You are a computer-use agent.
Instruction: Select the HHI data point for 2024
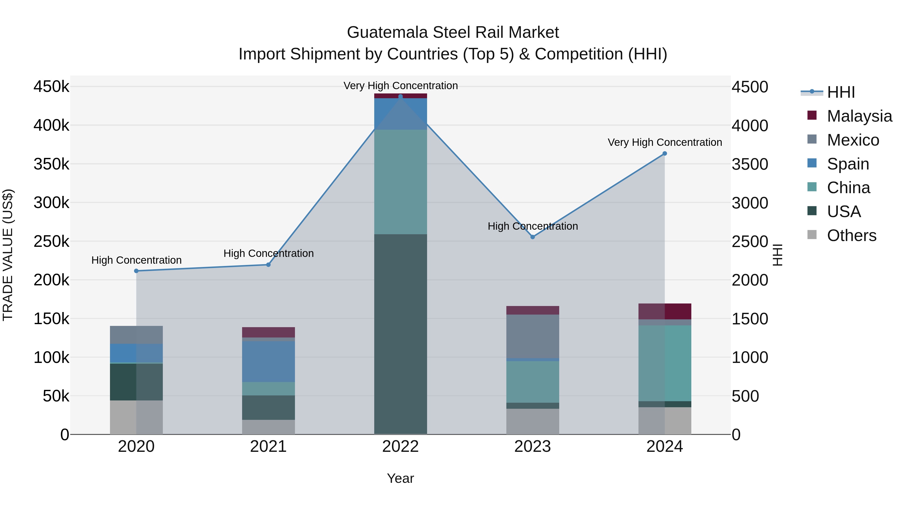click(665, 153)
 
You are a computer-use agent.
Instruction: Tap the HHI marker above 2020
click(136, 271)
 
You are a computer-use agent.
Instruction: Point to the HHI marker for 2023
click(533, 237)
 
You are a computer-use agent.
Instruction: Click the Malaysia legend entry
click(859, 116)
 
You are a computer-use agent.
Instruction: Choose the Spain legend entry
click(848, 164)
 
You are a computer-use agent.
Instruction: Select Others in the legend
click(851, 235)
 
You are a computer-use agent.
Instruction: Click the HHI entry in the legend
click(841, 92)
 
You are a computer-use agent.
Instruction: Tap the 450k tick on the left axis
click(51, 87)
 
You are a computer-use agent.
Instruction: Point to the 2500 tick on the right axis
click(750, 242)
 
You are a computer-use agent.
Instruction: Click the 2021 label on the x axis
click(268, 447)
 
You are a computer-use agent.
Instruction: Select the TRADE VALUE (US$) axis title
click(8, 255)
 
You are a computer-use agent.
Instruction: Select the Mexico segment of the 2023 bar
click(533, 336)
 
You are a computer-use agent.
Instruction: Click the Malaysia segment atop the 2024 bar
click(665, 311)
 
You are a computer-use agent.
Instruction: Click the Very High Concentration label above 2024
click(665, 143)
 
